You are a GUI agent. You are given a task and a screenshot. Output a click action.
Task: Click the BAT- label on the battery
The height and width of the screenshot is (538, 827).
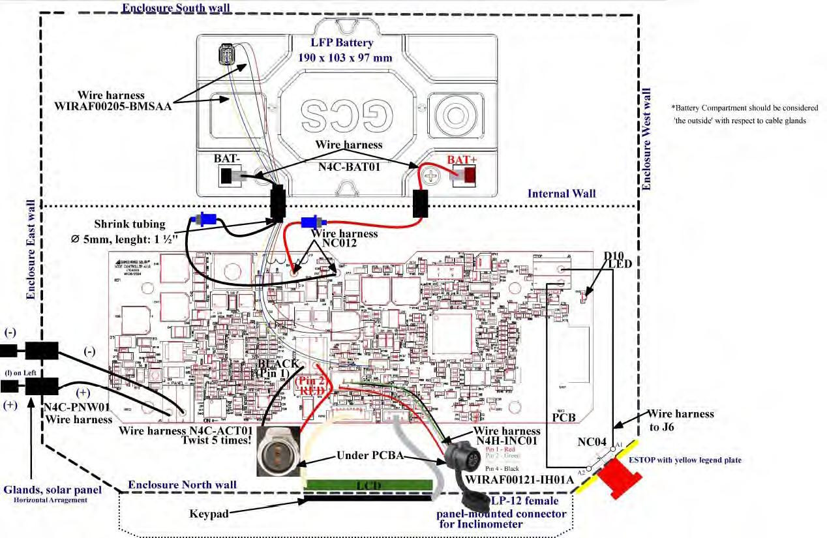228,159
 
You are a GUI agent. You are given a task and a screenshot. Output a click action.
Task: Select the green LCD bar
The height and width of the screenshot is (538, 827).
369,485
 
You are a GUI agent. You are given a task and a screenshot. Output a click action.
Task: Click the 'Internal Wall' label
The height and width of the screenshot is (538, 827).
562,194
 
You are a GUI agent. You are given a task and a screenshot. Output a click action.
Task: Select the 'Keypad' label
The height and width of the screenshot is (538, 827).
209,514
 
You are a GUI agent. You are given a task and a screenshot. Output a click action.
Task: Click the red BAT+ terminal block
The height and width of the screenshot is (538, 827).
470,175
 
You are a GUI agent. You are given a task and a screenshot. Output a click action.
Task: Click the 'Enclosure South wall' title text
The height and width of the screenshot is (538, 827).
175,8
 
